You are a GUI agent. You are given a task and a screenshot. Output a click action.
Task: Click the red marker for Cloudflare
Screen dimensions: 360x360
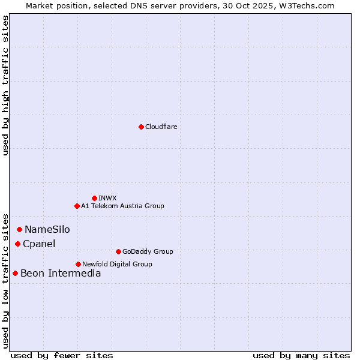coord(141,127)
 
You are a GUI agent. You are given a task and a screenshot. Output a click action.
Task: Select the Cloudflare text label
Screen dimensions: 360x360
coord(161,127)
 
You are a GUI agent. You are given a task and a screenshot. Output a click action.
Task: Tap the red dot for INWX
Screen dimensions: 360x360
coord(94,198)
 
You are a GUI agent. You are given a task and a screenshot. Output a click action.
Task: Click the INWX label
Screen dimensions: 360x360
coord(107,199)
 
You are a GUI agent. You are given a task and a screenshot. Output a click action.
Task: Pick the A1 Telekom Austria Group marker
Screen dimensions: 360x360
coord(77,206)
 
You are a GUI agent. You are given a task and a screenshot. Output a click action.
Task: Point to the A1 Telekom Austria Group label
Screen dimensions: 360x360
coord(122,206)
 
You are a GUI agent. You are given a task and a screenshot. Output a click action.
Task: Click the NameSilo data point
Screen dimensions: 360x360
coord(19,229)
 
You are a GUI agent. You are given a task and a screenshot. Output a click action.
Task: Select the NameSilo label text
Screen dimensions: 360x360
coord(47,230)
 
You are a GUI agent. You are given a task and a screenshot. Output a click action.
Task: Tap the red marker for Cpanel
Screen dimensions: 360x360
coord(17,244)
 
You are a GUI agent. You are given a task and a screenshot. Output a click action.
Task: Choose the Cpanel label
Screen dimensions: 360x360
coord(39,244)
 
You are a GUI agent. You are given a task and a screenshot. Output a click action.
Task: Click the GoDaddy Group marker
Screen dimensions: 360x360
coord(118,251)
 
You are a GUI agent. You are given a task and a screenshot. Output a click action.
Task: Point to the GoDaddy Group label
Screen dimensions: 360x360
coord(148,252)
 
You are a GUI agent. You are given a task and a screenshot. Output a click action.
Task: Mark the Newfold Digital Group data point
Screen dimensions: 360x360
coord(78,264)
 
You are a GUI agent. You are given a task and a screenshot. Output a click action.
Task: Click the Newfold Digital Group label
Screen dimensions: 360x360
coord(117,265)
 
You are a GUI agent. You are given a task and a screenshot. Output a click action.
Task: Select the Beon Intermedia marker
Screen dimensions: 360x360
coord(15,273)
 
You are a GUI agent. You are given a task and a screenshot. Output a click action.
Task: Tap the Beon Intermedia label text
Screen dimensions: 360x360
coord(61,274)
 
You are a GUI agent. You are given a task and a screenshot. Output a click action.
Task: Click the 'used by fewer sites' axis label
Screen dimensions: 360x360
coord(62,356)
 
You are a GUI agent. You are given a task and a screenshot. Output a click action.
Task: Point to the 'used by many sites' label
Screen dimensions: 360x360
coord(301,356)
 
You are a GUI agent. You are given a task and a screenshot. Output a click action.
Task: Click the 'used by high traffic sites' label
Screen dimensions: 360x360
coord(5,85)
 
